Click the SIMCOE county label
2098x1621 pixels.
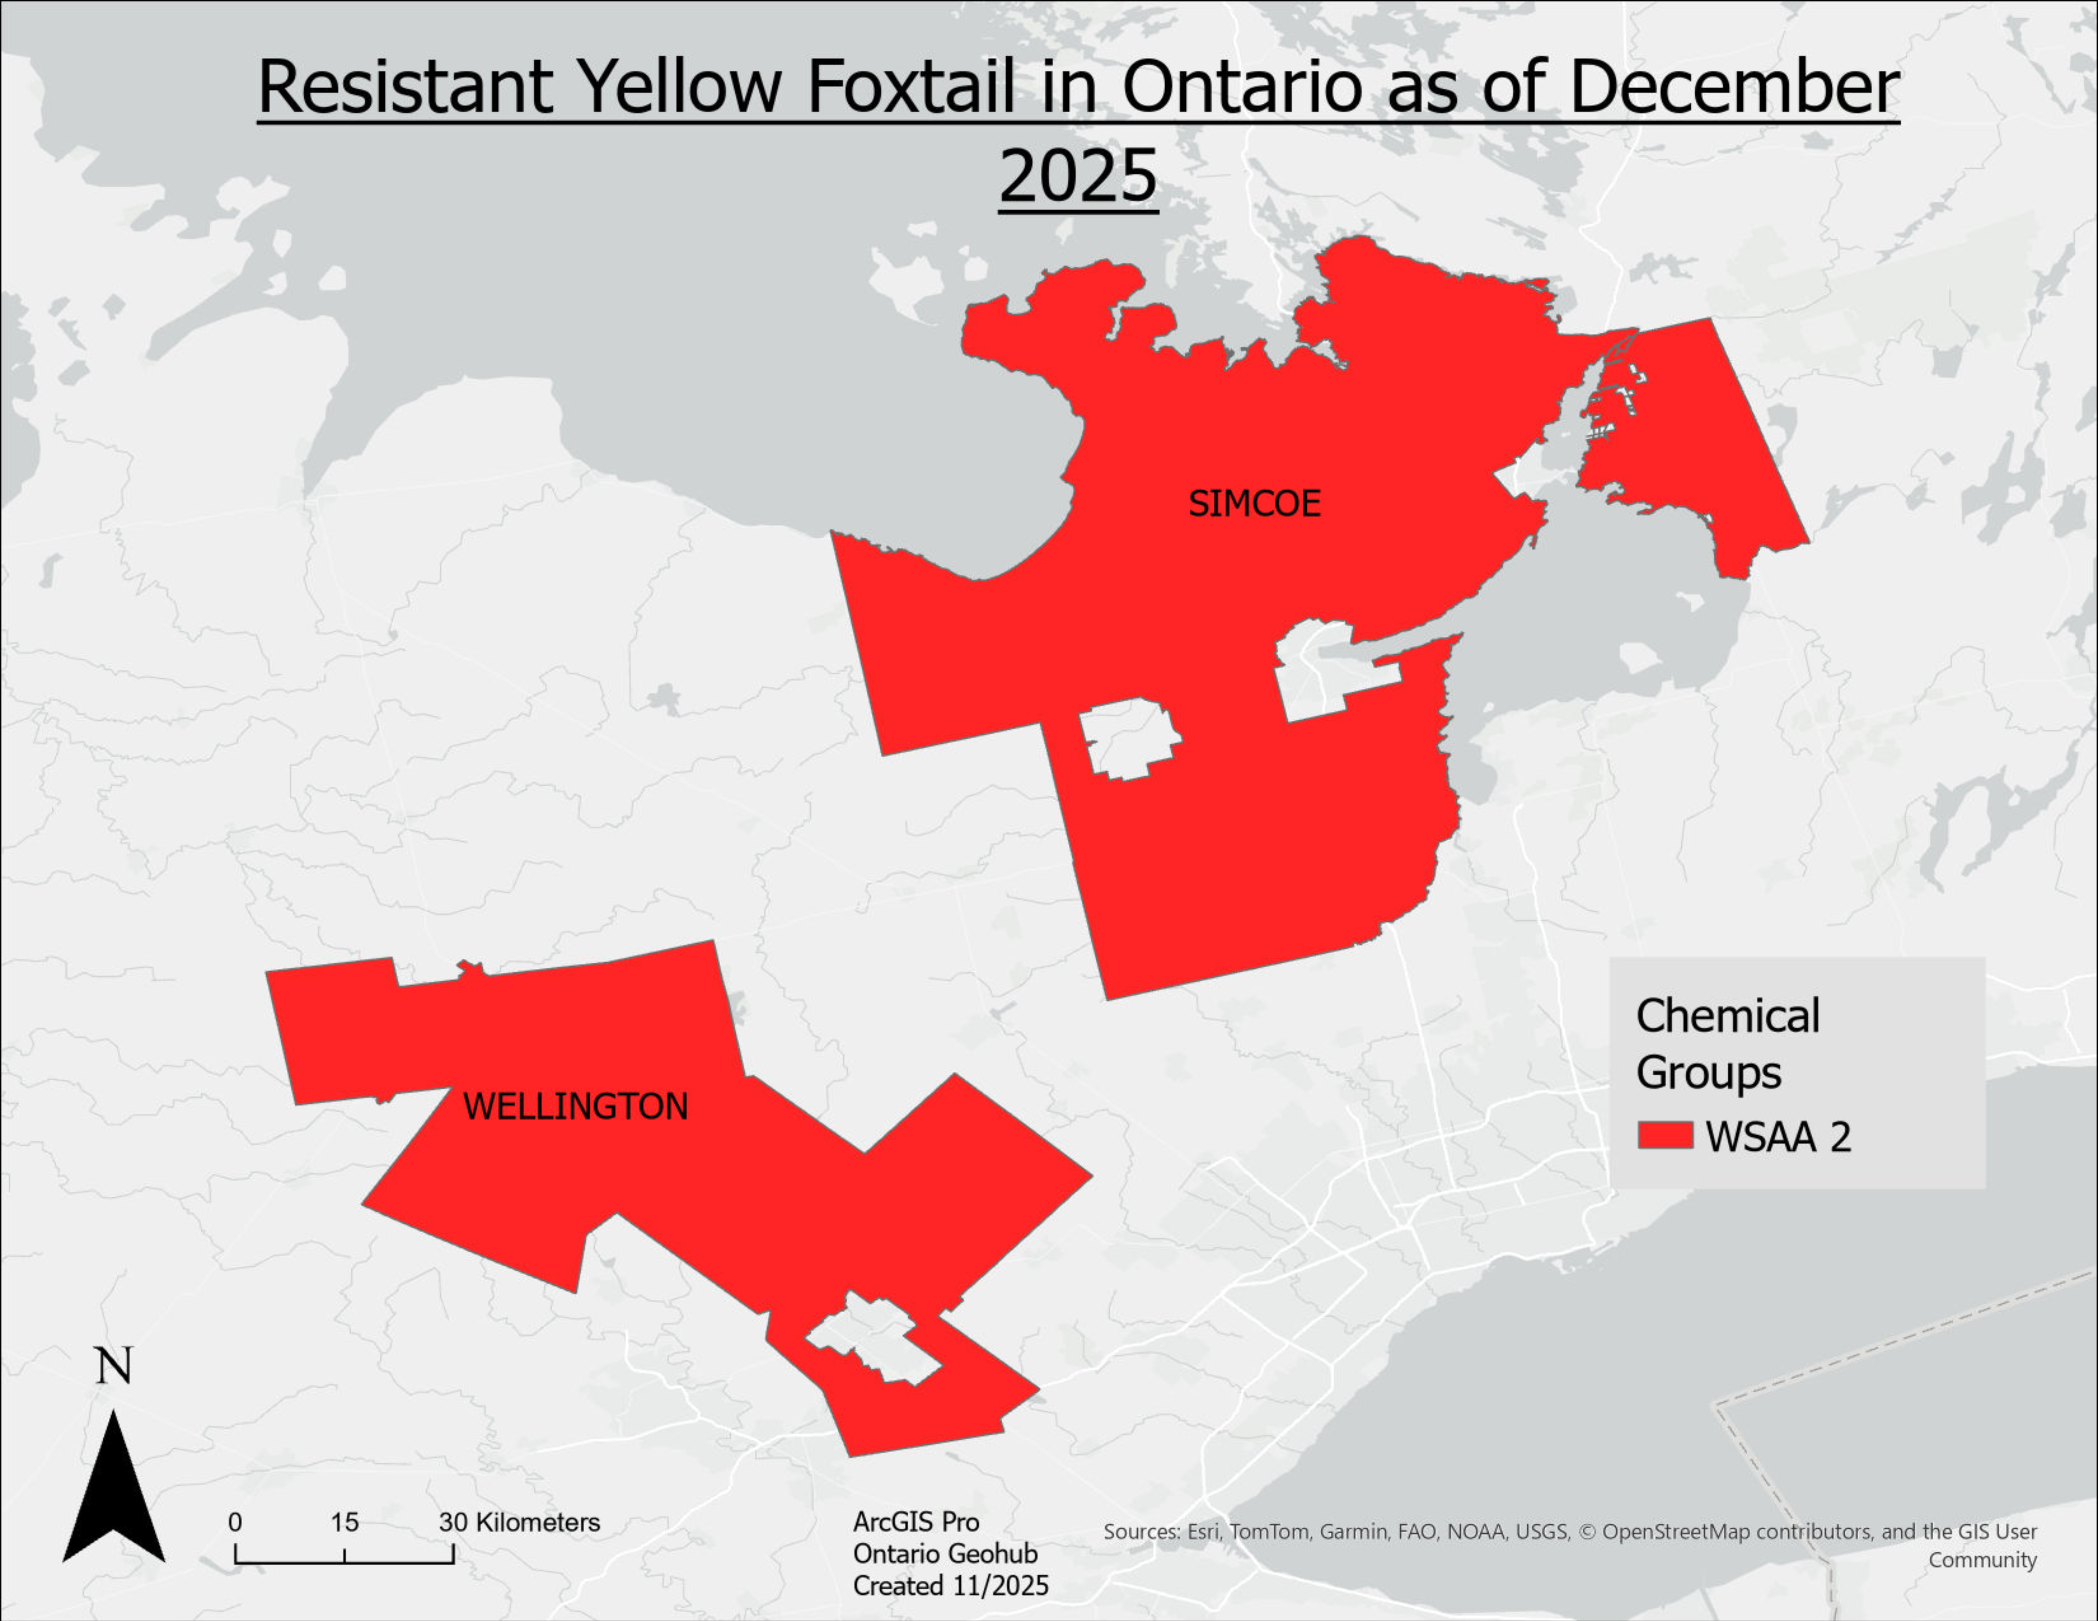click(1255, 503)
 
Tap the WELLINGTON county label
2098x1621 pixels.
click(575, 1106)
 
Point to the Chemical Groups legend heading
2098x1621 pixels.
click(1727, 1044)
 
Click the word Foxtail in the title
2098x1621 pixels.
click(910, 86)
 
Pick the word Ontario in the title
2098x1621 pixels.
click(1242, 86)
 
